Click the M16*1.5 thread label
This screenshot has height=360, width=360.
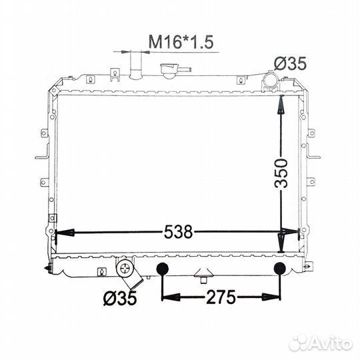click(181, 42)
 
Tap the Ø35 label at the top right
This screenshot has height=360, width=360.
click(290, 63)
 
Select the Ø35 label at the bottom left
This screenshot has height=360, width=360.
click(120, 298)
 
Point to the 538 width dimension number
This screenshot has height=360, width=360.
click(179, 231)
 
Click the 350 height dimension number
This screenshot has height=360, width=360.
click(281, 173)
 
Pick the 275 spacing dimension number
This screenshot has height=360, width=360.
click(221, 297)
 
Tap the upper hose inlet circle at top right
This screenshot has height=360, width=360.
click(271, 80)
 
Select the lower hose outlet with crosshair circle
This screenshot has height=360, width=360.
click(125, 269)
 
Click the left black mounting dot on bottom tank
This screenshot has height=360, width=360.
click(162, 269)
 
